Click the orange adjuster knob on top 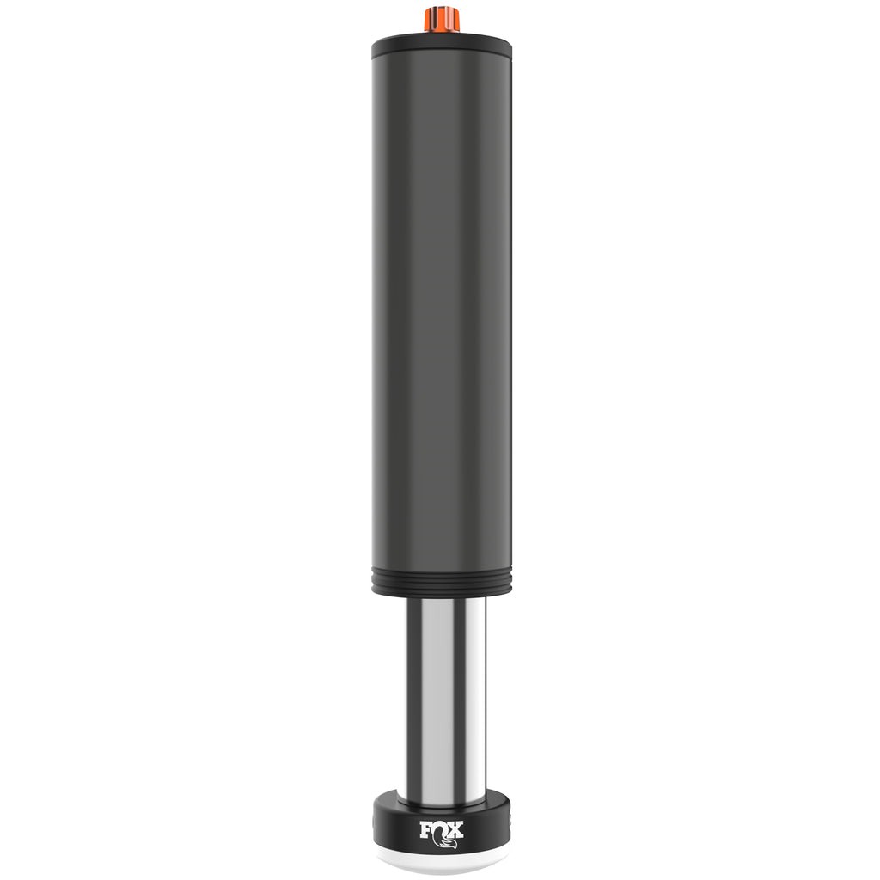[x=442, y=20]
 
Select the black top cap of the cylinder [x=442, y=46]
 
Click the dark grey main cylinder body [x=442, y=315]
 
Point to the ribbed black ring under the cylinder [x=442, y=584]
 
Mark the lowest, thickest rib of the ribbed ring [x=442, y=591]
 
